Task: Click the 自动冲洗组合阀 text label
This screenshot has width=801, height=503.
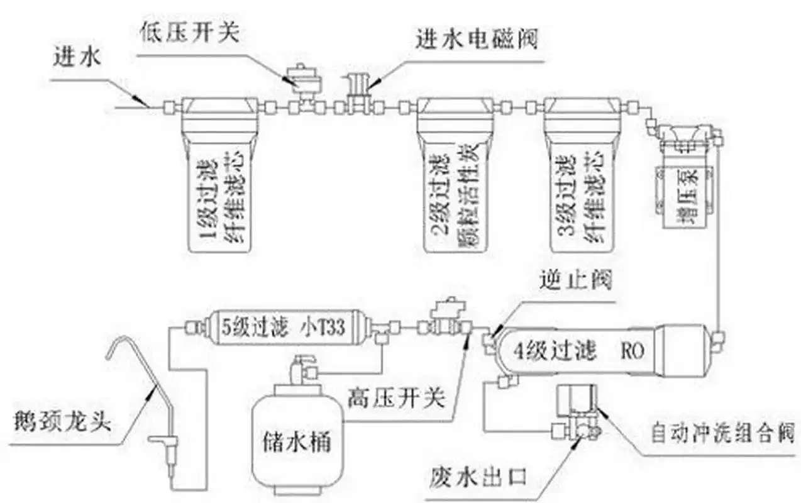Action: [723, 434]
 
